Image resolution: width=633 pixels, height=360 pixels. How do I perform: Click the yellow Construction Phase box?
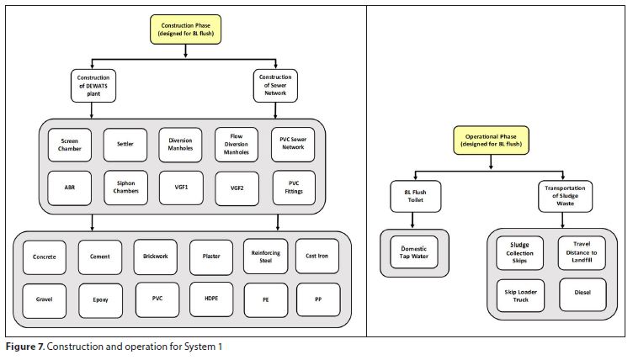pos(186,29)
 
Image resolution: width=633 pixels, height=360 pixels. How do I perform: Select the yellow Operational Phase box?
pos(491,140)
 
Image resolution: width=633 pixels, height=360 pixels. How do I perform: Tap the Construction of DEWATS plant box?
pos(93,86)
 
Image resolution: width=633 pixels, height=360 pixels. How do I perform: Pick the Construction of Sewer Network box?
pos(275,85)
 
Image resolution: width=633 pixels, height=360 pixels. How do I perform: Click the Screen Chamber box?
pos(69,145)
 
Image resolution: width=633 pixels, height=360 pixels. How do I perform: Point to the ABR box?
pos(69,188)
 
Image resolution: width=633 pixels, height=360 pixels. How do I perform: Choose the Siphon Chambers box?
pos(125,188)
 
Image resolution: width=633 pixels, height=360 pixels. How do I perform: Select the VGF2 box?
pos(237,188)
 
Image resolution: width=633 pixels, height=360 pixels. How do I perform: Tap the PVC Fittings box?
pos(294,188)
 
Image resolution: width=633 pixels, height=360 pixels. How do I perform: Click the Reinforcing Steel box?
pos(266,257)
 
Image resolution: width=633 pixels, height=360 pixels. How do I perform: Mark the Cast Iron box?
pos(316,256)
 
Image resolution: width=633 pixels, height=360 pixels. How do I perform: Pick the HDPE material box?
pos(211,299)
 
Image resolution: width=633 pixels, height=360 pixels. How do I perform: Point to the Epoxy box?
pos(100,300)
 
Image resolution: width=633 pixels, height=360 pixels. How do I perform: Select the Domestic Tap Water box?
pos(414,252)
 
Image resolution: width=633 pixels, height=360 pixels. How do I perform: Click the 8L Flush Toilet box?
pos(416,196)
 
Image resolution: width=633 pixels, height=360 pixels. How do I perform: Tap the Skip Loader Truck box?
pos(520,296)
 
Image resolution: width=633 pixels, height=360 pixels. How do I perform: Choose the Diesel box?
pos(582,294)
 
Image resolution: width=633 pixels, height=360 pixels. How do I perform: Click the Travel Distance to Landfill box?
pos(582,252)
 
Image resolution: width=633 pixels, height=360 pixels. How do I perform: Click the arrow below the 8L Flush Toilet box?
pos(412,220)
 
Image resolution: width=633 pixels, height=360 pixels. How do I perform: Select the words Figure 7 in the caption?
pos(25,347)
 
